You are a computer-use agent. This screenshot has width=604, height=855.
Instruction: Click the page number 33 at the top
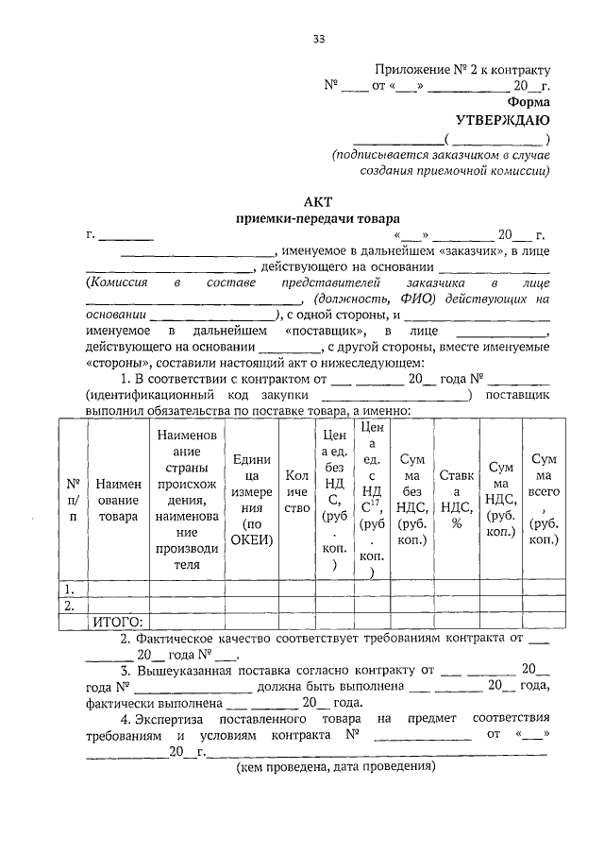(319, 38)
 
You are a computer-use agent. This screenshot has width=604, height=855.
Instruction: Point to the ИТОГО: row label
(117, 621)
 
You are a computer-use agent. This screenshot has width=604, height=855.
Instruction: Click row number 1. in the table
(69, 589)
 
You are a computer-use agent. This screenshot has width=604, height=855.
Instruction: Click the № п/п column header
(73, 500)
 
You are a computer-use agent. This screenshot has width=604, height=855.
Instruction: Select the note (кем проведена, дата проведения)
(335, 766)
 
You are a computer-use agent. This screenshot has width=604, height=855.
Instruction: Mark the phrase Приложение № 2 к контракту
(461, 69)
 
